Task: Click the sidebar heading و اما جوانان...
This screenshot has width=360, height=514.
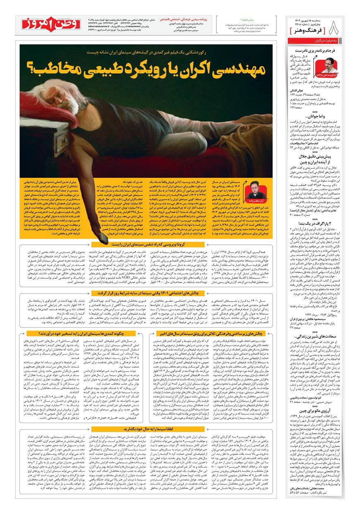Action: point(330,117)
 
